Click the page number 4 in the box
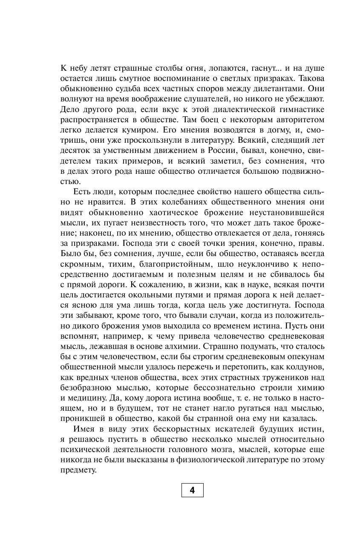click(192, 490)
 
